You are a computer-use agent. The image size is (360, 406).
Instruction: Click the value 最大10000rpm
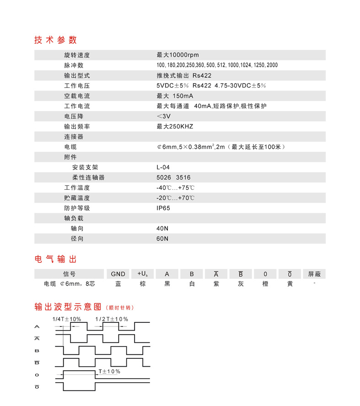coord(177,55)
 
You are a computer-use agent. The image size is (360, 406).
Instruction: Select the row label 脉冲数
coord(74,65)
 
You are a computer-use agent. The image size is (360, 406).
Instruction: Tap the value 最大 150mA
coord(175,96)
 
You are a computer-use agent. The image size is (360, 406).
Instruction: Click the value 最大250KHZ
coord(175,127)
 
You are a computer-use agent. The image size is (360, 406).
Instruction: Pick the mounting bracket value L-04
coord(163,167)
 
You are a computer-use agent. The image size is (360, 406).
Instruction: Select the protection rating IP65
coord(164,208)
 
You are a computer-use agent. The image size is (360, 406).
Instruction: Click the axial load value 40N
coord(162,228)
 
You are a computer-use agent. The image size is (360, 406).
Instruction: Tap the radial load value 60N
coord(162,239)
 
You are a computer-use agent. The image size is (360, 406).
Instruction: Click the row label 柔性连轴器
coord(88,177)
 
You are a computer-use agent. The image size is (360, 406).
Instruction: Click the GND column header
coord(118,274)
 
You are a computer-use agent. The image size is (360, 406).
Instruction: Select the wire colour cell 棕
coord(142,284)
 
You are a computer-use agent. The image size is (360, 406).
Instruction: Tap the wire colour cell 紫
coord(216,284)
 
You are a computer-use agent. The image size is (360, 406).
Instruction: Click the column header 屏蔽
coord(315,274)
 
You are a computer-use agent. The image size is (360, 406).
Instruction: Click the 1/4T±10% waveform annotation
coord(67,319)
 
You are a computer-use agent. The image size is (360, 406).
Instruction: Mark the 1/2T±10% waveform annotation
coord(112,319)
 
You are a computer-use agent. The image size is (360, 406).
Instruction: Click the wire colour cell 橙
coord(265,284)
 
